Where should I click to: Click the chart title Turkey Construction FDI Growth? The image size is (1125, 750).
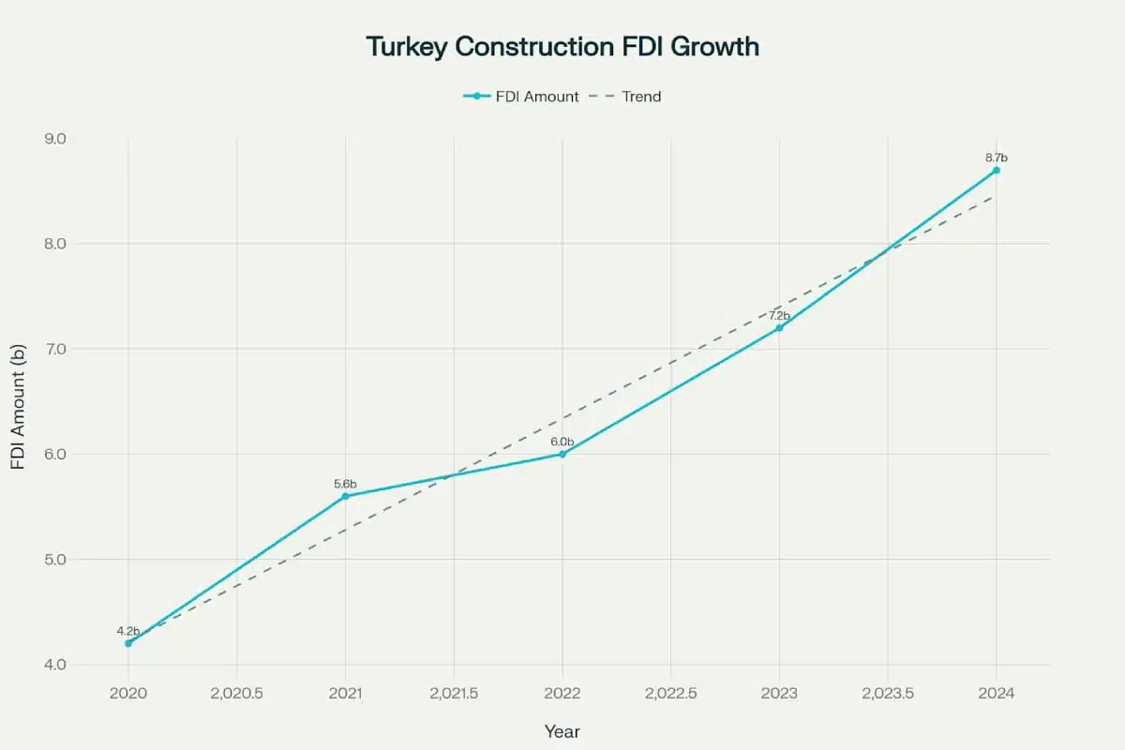(x=562, y=47)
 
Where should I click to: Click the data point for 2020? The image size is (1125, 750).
(x=128, y=643)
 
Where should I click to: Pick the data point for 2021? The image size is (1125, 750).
(x=345, y=496)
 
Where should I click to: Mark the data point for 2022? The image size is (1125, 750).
(x=562, y=454)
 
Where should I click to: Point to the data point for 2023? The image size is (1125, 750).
(x=779, y=327)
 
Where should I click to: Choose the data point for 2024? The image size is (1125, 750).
(x=996, y=170)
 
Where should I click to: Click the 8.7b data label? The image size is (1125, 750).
(x=996, y=157)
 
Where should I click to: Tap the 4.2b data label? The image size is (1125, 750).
(x=128, y=631)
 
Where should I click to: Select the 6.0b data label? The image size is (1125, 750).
(x=562, y=442)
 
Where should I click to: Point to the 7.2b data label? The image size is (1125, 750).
(x=779, y=316)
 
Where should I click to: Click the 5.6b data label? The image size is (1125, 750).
(x=345, y=484)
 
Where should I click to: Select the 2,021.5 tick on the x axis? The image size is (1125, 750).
(x=454, y=694)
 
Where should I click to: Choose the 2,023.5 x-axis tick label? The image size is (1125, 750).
(x=888, y=694)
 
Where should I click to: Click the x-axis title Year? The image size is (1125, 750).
(x=562, y=731)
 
